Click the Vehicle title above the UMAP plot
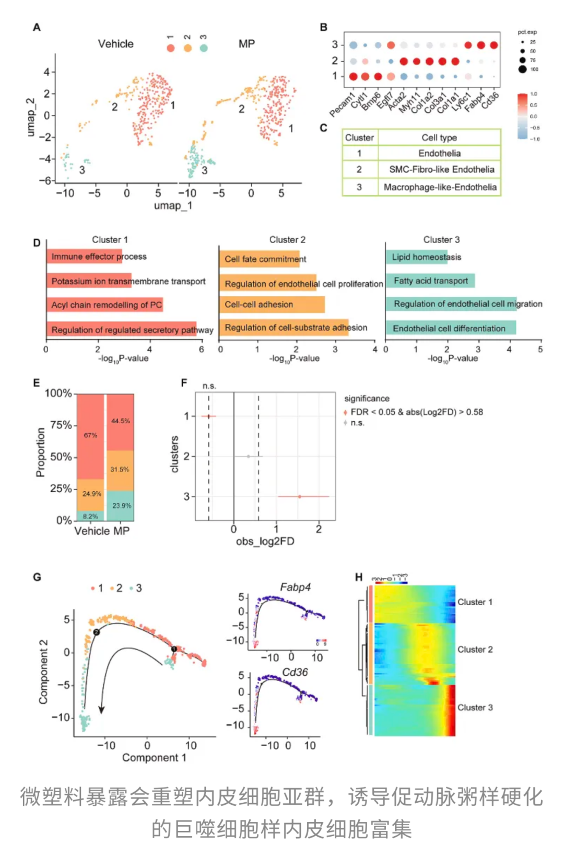click(x=115, y=44)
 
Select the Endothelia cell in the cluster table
click(x=439, y=153)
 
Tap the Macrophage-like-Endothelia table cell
click(x=440, y=187)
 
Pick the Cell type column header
click(x=439, y=137)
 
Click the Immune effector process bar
click(x=85, y=257)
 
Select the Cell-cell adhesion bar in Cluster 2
click(x=272, y=305)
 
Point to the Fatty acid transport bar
click(x=430, y=281)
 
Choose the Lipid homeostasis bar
click(x=417, y=257)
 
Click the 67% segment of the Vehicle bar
click(x=90, y=435)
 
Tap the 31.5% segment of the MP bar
click(x=120, y=469)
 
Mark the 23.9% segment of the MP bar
click(x=121, y=505)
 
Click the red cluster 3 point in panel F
click(x=299, y=496)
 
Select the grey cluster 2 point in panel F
click(x=248, y=456)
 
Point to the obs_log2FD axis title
click(x=265, y=541)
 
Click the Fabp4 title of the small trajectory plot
click(x=295, y=587)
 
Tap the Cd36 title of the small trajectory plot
click(x=295, y=672)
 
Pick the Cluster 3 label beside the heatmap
click(x=475, y=708)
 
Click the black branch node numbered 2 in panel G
click(x=96, y=632)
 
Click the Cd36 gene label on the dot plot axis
click(x=490, y=100)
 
